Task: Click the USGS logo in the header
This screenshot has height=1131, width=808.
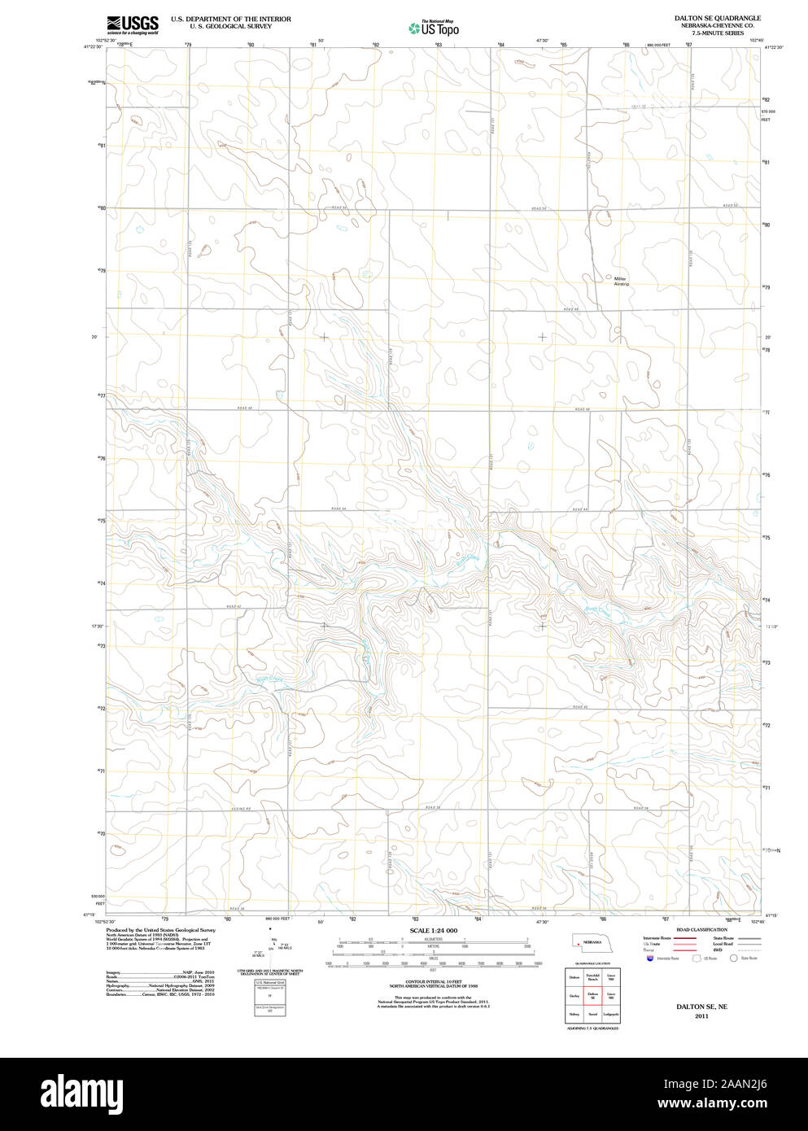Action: [x=132, y=24]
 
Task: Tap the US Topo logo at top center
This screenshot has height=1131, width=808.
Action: [x=434, y=28]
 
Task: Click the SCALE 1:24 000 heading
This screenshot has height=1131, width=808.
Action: [x=433, y=930]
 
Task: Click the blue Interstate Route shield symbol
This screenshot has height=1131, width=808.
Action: [x=649, y=959]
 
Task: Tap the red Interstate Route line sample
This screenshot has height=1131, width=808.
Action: [x=685, y=938]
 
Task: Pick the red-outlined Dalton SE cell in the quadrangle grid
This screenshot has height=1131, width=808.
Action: [x=592, y=994]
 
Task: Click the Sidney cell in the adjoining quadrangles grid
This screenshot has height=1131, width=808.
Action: [x=574, y=1014]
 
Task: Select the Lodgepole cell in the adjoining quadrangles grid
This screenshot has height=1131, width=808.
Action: [x=611, y=1014]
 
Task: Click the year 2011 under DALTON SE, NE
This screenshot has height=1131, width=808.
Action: [x=701, y=1016]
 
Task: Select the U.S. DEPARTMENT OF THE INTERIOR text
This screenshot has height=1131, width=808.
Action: [x=230, y=19]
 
